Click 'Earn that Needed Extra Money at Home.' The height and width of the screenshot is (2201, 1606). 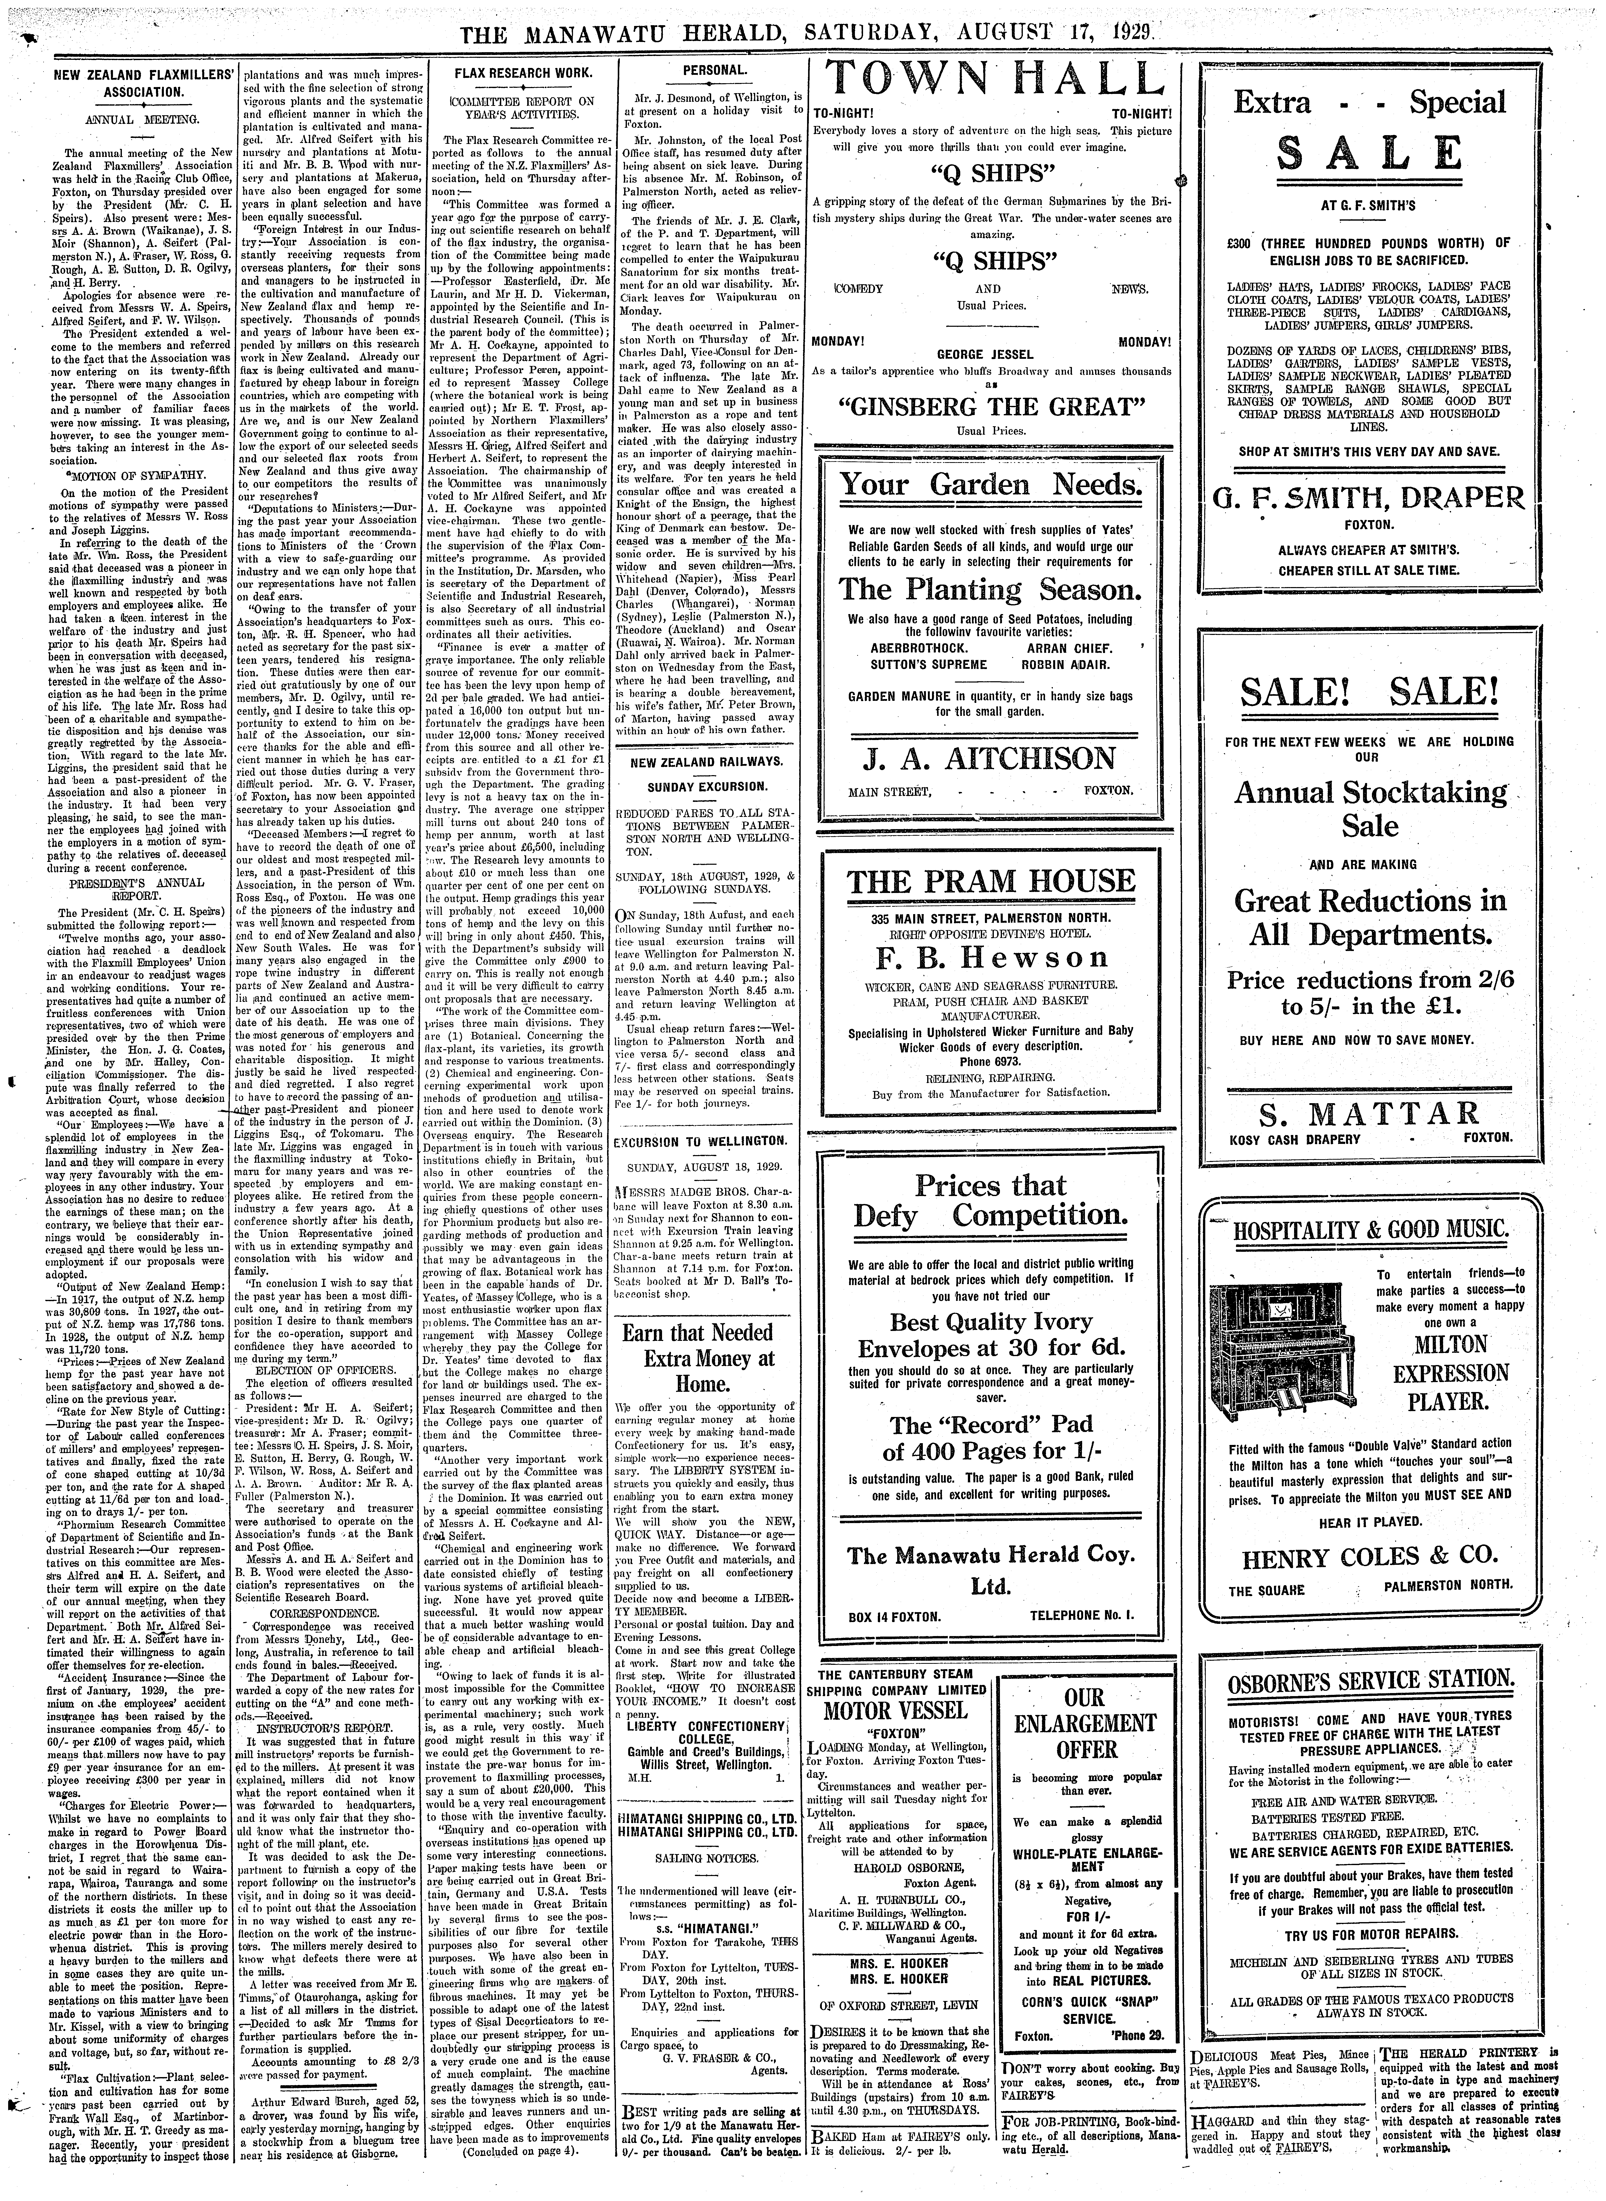tap(712, 1357)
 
